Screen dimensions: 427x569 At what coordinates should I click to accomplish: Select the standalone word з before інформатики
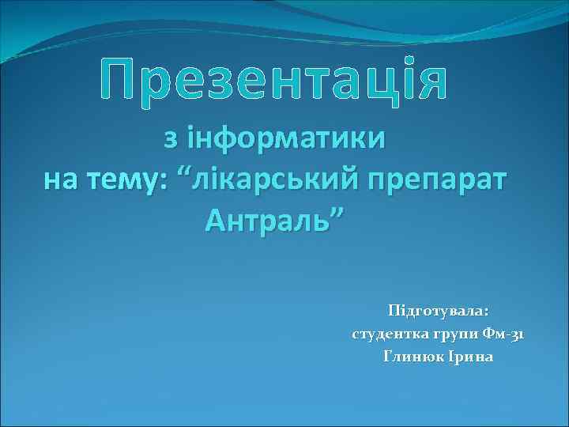coord(170,138)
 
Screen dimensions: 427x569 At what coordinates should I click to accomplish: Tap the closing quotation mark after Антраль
coord(337,213)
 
